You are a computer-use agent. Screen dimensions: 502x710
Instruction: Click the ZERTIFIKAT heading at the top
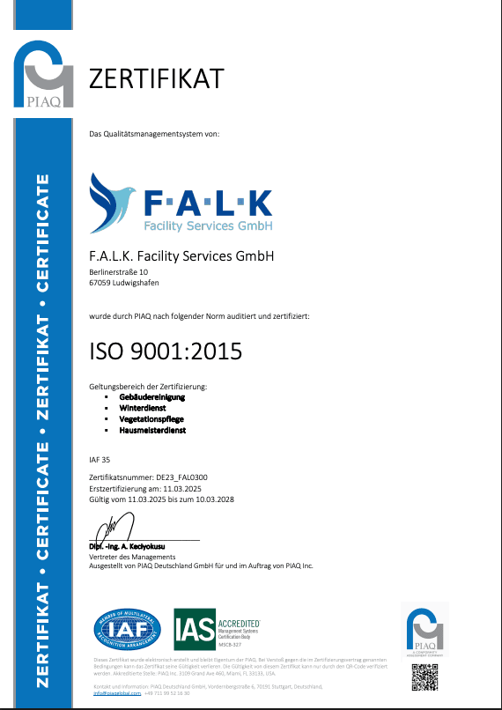click(157, 78)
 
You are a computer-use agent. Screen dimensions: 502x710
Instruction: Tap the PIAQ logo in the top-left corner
click(43, 75)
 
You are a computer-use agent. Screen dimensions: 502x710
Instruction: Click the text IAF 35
click(100, 459)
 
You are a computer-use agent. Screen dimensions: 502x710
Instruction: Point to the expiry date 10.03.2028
click(216, 499)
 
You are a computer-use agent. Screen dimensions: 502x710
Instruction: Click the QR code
click(424, 675)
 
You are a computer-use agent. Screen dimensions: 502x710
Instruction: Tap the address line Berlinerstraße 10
click(119, 273)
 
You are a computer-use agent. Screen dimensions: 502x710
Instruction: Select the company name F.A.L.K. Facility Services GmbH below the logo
click(182, 256)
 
